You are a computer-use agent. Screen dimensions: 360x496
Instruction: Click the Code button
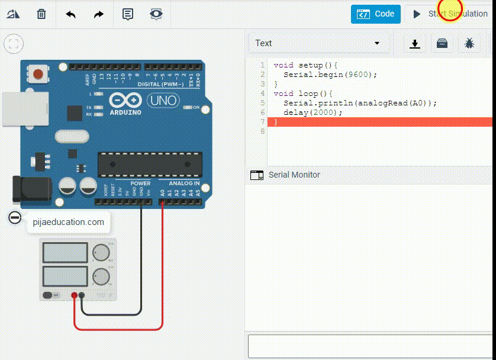point(375,14)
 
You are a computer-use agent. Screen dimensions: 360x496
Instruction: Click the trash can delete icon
point(41,14)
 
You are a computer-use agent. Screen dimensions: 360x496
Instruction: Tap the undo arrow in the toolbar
point(70,14)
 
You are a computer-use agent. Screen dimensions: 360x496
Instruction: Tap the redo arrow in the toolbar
point(99,14)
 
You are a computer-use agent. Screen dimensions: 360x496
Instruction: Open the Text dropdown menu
point(317,43)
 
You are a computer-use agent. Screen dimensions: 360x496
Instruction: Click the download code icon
point(415,43)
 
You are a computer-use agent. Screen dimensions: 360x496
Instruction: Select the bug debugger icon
point(469,43)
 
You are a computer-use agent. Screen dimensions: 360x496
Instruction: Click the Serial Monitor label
point(294,175)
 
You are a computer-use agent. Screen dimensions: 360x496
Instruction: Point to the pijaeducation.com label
point(69,223)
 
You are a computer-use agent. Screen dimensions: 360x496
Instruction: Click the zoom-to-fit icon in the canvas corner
point(14,43)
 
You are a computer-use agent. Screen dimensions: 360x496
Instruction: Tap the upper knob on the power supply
point(101,252)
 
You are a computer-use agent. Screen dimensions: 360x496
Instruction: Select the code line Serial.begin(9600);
point(330,75)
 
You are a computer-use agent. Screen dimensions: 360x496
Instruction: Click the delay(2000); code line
point(313,112)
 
